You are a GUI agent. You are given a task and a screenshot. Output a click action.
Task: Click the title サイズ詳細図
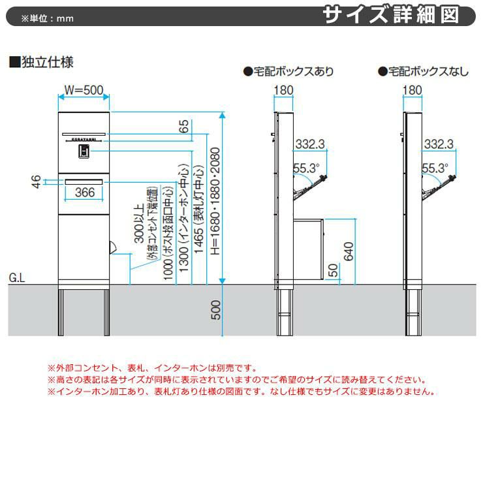[399, 15]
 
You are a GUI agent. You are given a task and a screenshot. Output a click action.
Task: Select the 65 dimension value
[185, 125]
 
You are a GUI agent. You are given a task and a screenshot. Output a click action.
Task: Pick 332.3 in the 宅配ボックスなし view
[439, 144]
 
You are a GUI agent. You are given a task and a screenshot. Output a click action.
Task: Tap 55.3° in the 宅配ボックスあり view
[305, 168]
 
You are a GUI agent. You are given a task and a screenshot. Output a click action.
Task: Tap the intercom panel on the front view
[84, 151]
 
